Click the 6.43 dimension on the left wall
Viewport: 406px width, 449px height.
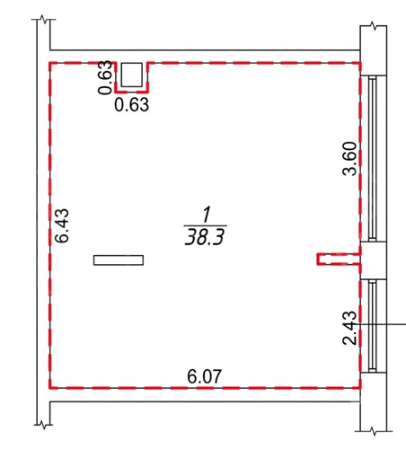(62, 225)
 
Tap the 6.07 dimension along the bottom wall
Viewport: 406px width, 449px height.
(205, 376)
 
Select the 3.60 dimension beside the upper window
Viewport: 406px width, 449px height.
(350, 159)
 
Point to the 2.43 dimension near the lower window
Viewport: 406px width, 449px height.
(350, 328)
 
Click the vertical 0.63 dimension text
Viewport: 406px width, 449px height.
(105, 78)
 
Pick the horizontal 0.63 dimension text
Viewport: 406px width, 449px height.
(132, 105)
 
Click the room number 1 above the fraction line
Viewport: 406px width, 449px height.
(207, 216)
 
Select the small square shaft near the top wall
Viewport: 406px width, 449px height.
(131, 75)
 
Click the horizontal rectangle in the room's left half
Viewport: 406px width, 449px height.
(119, 260)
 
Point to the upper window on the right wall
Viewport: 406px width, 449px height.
(373, 159)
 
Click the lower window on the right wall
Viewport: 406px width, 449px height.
(373, 326)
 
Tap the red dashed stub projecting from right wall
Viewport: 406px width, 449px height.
(339, 260)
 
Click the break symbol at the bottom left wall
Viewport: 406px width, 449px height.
(44, 424)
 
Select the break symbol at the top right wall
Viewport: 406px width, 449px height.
(373, 26)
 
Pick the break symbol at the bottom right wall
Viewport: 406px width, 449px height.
(374, 431)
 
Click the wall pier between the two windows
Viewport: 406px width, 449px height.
(374, 260)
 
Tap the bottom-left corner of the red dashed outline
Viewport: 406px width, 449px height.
(50, 388)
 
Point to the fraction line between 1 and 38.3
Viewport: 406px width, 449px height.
(206, 225)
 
